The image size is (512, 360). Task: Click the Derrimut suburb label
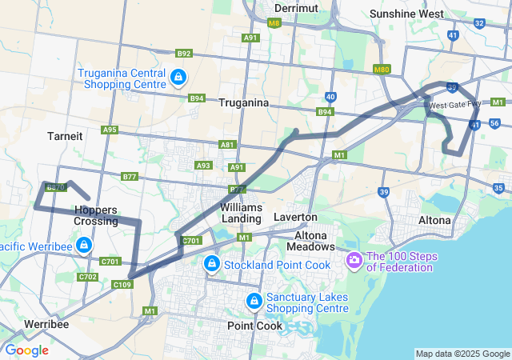(x=296, y=8)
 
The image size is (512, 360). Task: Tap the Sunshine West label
(x=406, y=14)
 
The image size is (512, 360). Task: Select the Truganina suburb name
(x=243, y=103)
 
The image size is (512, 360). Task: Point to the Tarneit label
(x=65, y=136)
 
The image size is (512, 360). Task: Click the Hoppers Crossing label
(x=95, y=215)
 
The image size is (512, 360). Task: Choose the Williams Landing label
(x=241, y=213)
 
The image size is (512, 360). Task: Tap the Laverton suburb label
(x=295, y=217)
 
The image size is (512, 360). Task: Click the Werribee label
(x=46, y=324)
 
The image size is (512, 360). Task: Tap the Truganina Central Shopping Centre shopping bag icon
(x=178, y=78)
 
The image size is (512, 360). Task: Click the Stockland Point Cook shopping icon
(x=211, y=263)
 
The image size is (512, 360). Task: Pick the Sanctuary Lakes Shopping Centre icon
(x=254, y=301)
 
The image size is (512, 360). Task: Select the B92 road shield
(x=184, y=54)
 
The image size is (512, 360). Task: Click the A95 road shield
(x=110, y=130)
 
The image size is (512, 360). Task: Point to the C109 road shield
(x=122, y=285)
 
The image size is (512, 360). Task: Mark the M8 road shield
(x=274, y=23)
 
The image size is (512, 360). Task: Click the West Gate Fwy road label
(x=454, y=105)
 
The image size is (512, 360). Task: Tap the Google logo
(x=26, y=350)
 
